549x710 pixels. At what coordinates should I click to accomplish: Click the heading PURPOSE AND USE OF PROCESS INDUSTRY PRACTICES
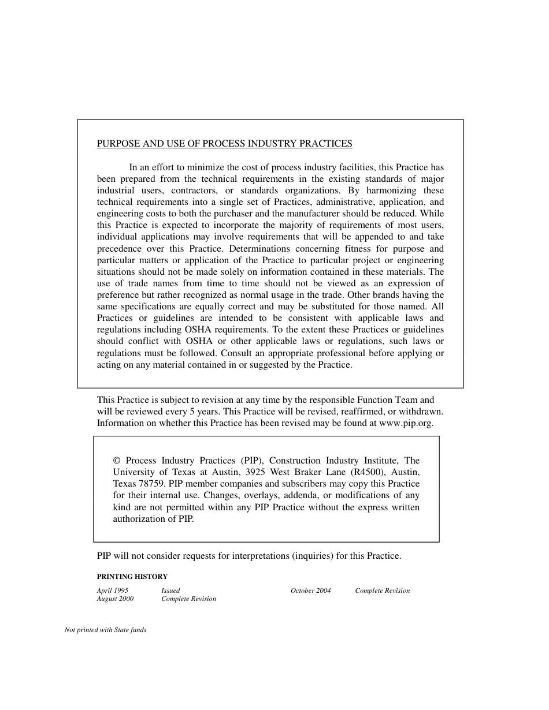click(x=224, y=144)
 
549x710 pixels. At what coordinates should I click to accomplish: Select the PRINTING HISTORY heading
click(x=132, y=577)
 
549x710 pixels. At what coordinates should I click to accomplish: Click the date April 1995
click(x=112, y=591)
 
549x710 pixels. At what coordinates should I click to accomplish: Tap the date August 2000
click(x=115, y=599)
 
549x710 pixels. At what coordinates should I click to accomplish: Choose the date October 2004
click(x=310, y=591)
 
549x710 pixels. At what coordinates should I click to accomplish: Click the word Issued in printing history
click(x=170, y=591)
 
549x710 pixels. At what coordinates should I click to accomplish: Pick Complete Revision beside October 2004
click(x=382, y=591)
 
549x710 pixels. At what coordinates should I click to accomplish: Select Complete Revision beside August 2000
click(x=188, y=599)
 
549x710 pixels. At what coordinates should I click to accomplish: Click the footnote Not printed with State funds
click(x=105, y=630)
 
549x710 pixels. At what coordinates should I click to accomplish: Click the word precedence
click(x=119, y=249)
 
